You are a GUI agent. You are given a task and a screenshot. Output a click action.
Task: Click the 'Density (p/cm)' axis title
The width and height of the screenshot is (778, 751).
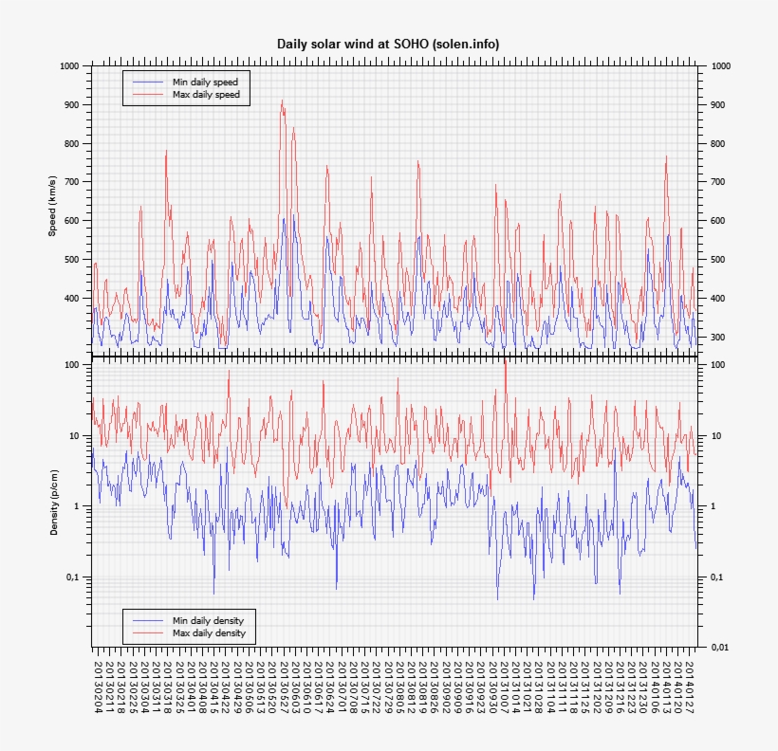[54, 502]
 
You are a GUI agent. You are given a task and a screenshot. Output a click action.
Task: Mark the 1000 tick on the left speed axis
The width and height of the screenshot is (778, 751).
[67, 66]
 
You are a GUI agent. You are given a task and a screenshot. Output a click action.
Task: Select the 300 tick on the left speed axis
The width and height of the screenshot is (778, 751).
[71, 338]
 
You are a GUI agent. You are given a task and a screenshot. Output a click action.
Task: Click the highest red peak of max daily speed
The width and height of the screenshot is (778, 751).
[282, 101]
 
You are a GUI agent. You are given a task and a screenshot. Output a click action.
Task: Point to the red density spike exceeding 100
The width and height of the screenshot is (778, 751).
[505, 363]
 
